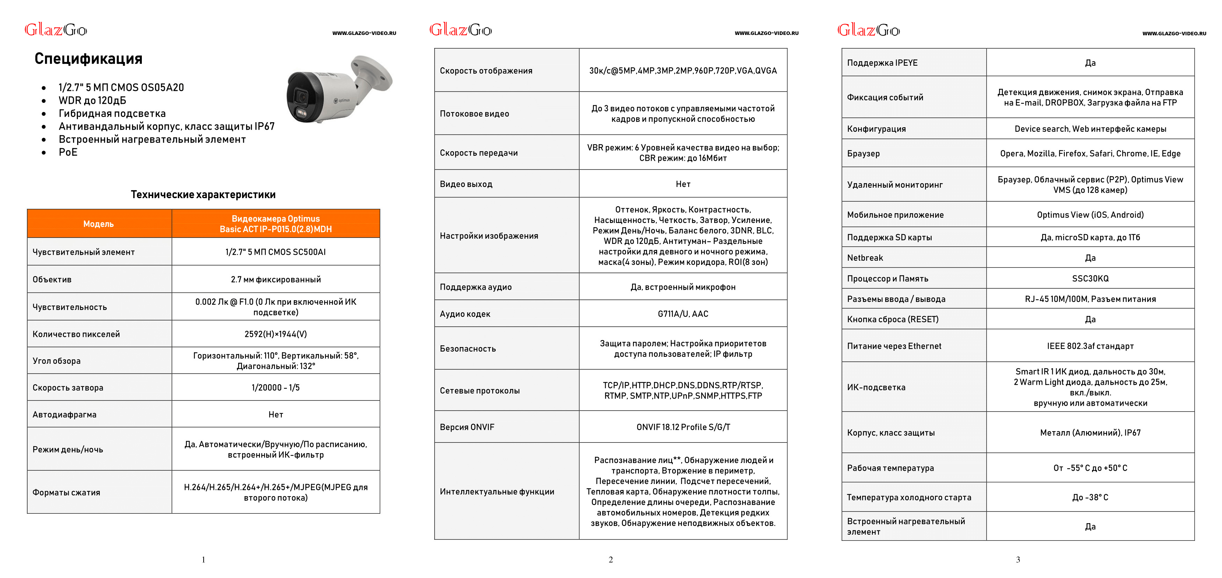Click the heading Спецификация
[x=88, y=58]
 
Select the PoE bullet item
[x=68, y=152]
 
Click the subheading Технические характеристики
[x=203, y=195]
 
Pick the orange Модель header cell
[x=99, y=224]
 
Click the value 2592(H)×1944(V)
[x=276, y=334]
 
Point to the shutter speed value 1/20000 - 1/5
[x=276, y=388]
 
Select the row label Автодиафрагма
[x=65, y=415]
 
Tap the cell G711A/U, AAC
[x=683, y=314]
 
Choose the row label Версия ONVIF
[x=467, y=427]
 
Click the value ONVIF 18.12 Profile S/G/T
[x=683, y=427]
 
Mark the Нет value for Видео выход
[x=683, y=184]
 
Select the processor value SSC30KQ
[x=1090, y=279]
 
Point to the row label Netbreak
[x=865, y=258]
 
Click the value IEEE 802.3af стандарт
[x=1090, y=346]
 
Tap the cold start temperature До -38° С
[x=1090, y=497]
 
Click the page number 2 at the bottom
[x=611, y=560]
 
